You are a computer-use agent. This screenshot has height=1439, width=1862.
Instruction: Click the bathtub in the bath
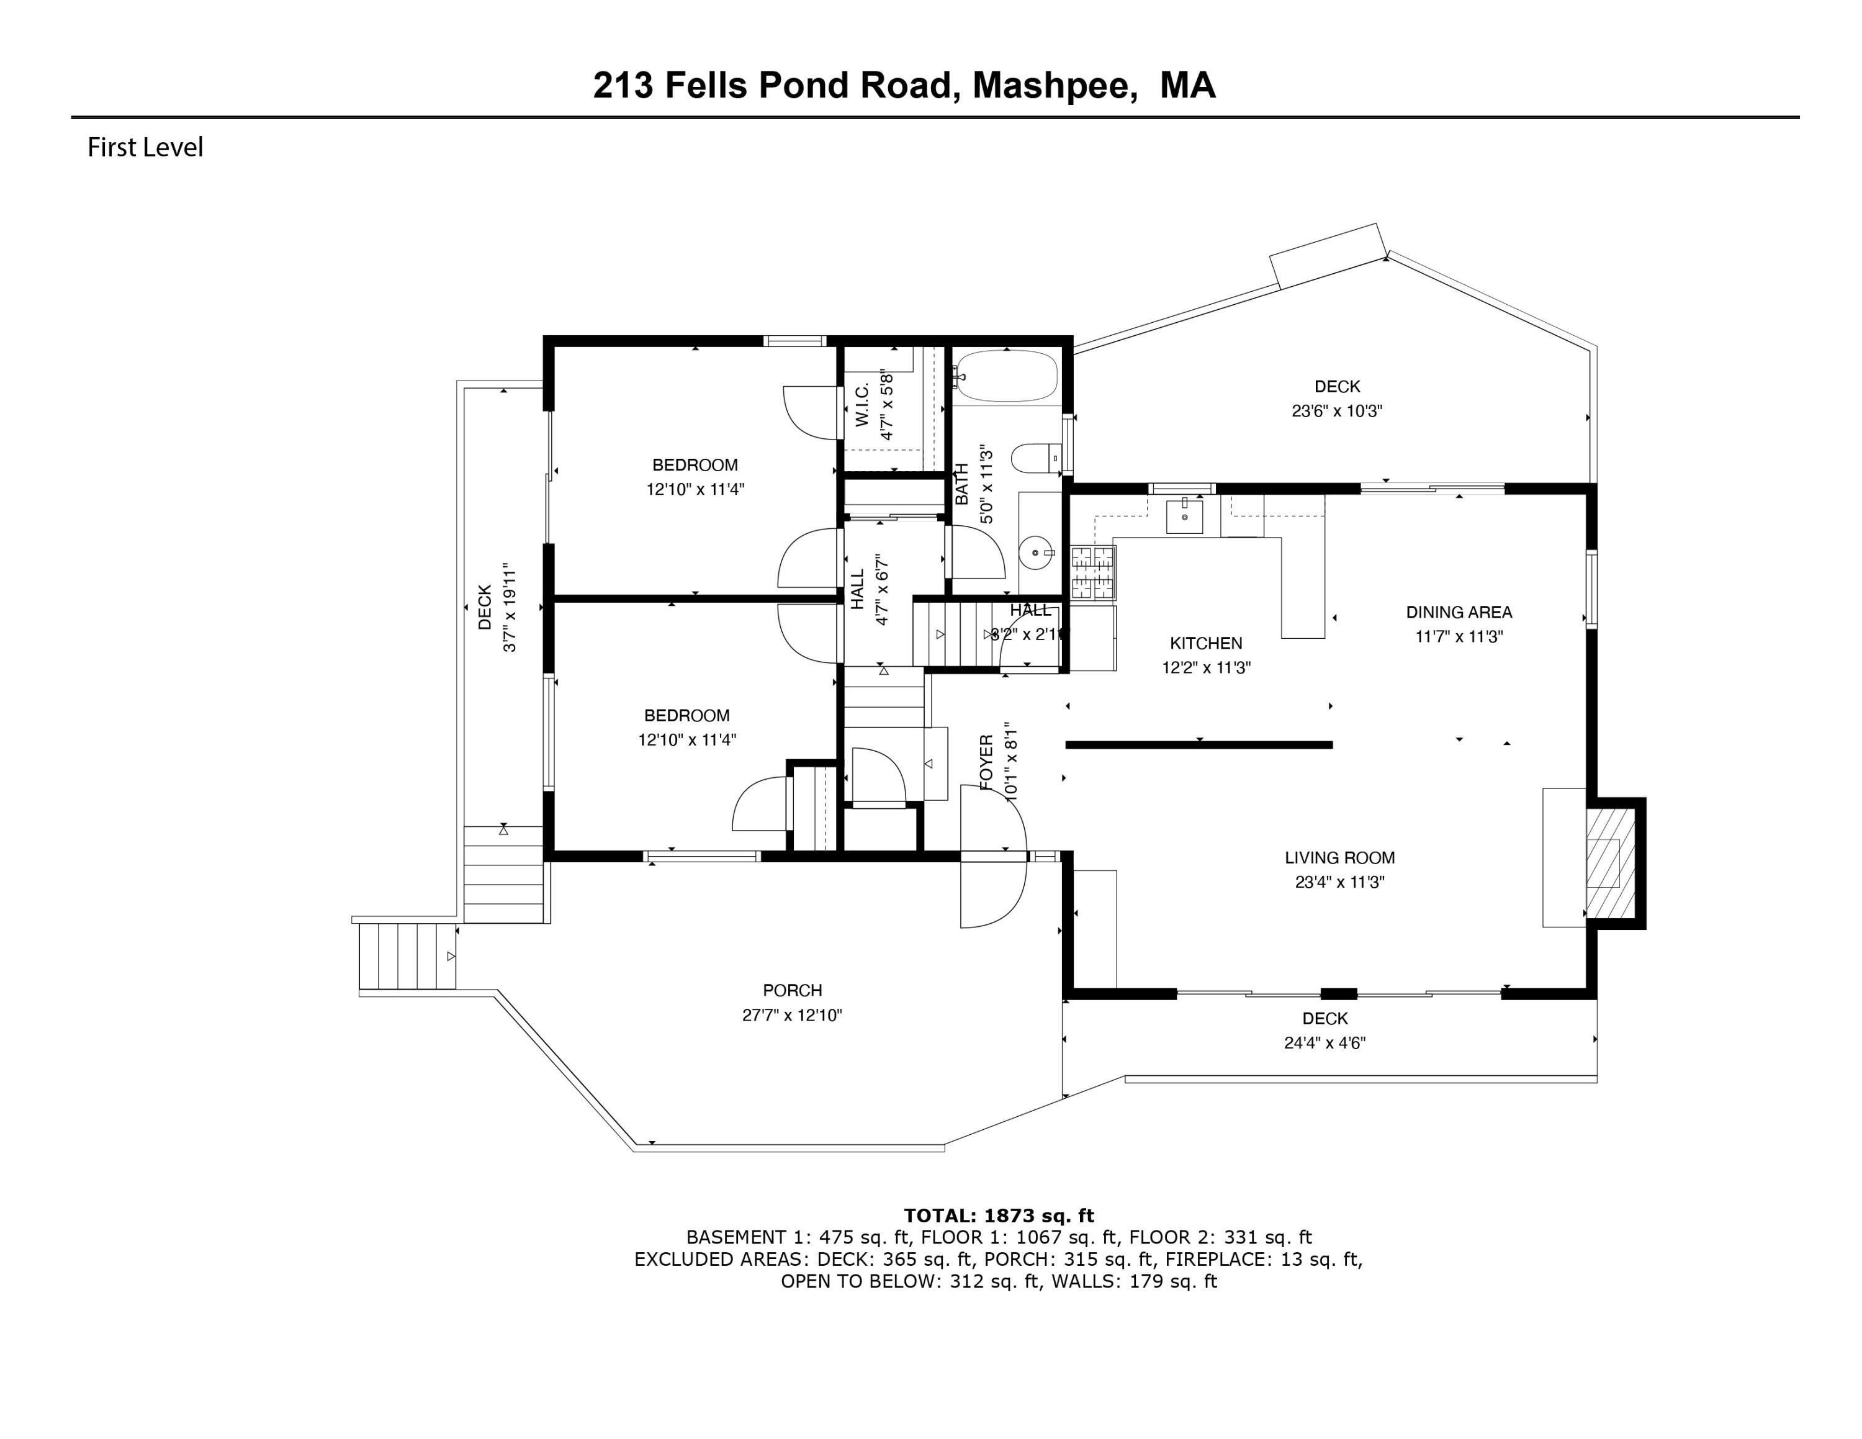point(1007,376)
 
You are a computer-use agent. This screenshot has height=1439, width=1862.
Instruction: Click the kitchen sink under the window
point(1184,517)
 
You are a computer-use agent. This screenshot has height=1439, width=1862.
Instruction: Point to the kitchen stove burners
point(1092,572)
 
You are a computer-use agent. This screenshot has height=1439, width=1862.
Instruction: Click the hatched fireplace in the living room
point(1609,864)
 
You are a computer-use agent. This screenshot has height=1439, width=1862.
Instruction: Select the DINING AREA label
point(1459,612)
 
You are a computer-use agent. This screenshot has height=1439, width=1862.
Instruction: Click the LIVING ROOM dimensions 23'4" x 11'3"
point(1339,882)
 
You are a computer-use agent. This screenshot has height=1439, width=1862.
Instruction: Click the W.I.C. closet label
point(861,405)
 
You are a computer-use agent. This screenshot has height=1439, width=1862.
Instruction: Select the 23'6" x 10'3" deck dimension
point(1336,411)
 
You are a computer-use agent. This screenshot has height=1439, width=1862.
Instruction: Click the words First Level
point(145,148)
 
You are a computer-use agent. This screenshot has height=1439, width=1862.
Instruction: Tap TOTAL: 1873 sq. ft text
point(999,1216)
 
